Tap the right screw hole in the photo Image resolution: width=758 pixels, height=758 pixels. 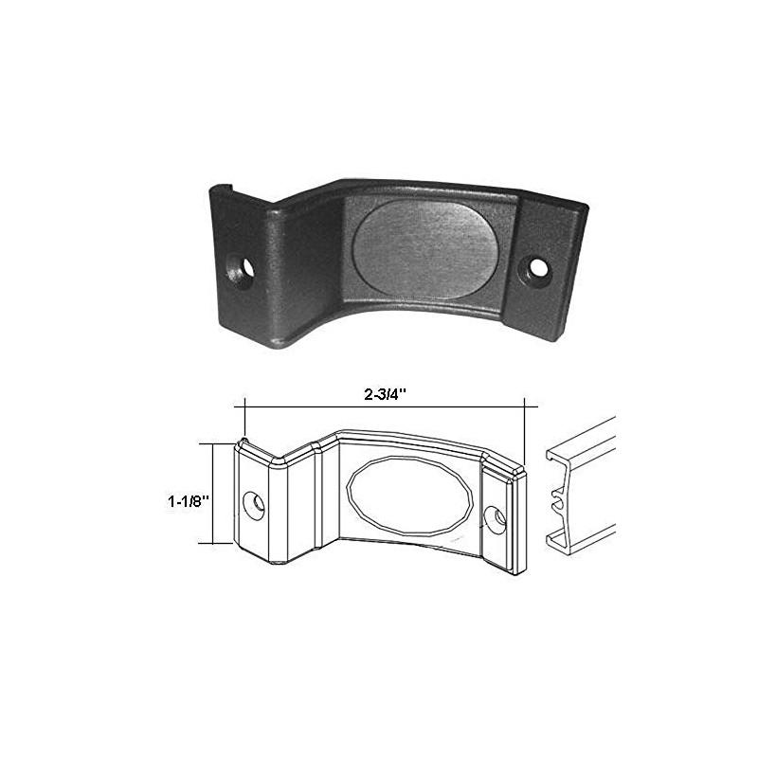tap(540, 267)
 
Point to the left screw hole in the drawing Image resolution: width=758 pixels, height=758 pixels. tap(255, 503)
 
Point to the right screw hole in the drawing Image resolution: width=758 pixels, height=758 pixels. tap(494, 516)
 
